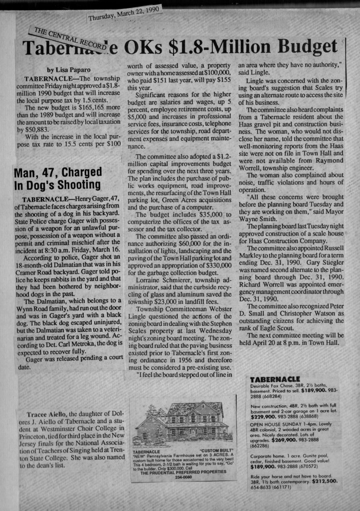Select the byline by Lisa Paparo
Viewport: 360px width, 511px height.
[69, 70]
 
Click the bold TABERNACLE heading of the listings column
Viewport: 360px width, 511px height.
[274, 379]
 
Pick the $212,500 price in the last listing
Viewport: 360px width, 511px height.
[325, 481]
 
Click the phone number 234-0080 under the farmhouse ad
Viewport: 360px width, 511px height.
[183, 478]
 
